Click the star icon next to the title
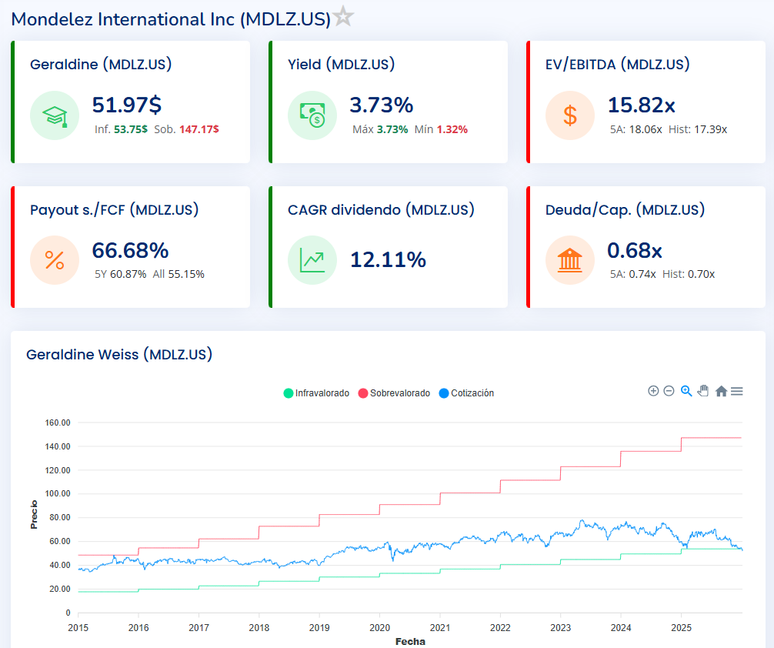click(x=344, y=17)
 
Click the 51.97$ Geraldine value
click(x=127, y=105)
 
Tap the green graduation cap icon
click(x=55, y=115)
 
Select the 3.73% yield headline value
click(x=382, y=105)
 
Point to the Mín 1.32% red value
click(x=452, y=129)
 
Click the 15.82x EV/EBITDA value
click(x=642, y=105)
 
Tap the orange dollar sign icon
click(x=570, y=115)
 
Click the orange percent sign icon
click(x=55, y=260)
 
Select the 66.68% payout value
click(x=130, y=250)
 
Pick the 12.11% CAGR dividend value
click(x=388, y=260)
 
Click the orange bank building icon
click(x=570, y=260)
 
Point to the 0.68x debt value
click(x=635, y=250)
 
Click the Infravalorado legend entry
click(x=316, y=392)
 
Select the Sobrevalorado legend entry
click(x=394, y=392)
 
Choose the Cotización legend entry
click(x=466, y=392)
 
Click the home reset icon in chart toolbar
click(x=721, y=391)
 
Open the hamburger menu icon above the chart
click(x=737, y=391)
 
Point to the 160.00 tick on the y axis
click(x=58, y=423)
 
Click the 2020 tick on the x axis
click(x=380, y=627)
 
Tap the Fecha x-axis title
click(x=410, y=641)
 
